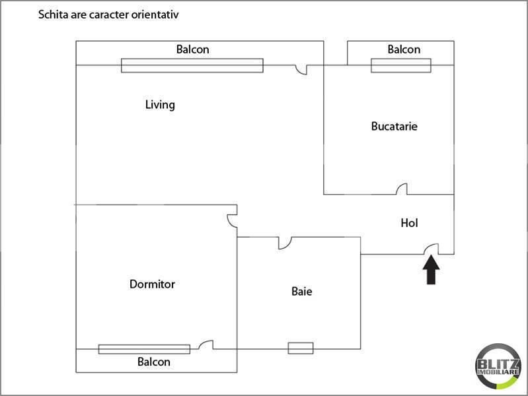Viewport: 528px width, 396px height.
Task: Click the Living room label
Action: (160, 105)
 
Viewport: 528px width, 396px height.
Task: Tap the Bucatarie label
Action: (394, 126)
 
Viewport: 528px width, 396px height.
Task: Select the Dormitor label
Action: (152, 284)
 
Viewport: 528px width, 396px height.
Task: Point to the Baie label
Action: (301, 291)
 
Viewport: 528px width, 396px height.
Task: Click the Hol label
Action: (410, 223)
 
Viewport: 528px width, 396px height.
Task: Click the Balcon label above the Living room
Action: (192, 49)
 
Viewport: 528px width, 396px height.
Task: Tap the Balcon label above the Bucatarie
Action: (404, 49)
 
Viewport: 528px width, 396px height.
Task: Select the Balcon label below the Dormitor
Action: (154, 362)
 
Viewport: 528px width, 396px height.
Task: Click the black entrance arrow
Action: (431, 270)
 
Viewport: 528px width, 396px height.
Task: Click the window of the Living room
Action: (192, 65)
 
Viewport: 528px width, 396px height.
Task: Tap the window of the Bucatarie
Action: (400, 65)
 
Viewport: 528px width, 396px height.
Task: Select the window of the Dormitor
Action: (144, 349)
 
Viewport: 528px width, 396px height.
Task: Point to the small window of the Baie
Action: (301, 348)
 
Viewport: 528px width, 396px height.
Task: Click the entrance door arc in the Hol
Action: (432, 248)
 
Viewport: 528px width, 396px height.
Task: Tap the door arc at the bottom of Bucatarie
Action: (401, 189)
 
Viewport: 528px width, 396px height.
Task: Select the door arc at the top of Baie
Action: (284, 243)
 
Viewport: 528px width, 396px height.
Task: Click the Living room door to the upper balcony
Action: (301, 69)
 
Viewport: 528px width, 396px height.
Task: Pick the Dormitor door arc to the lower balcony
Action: (206, 345)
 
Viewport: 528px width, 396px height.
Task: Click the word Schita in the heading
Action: (52, 14)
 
